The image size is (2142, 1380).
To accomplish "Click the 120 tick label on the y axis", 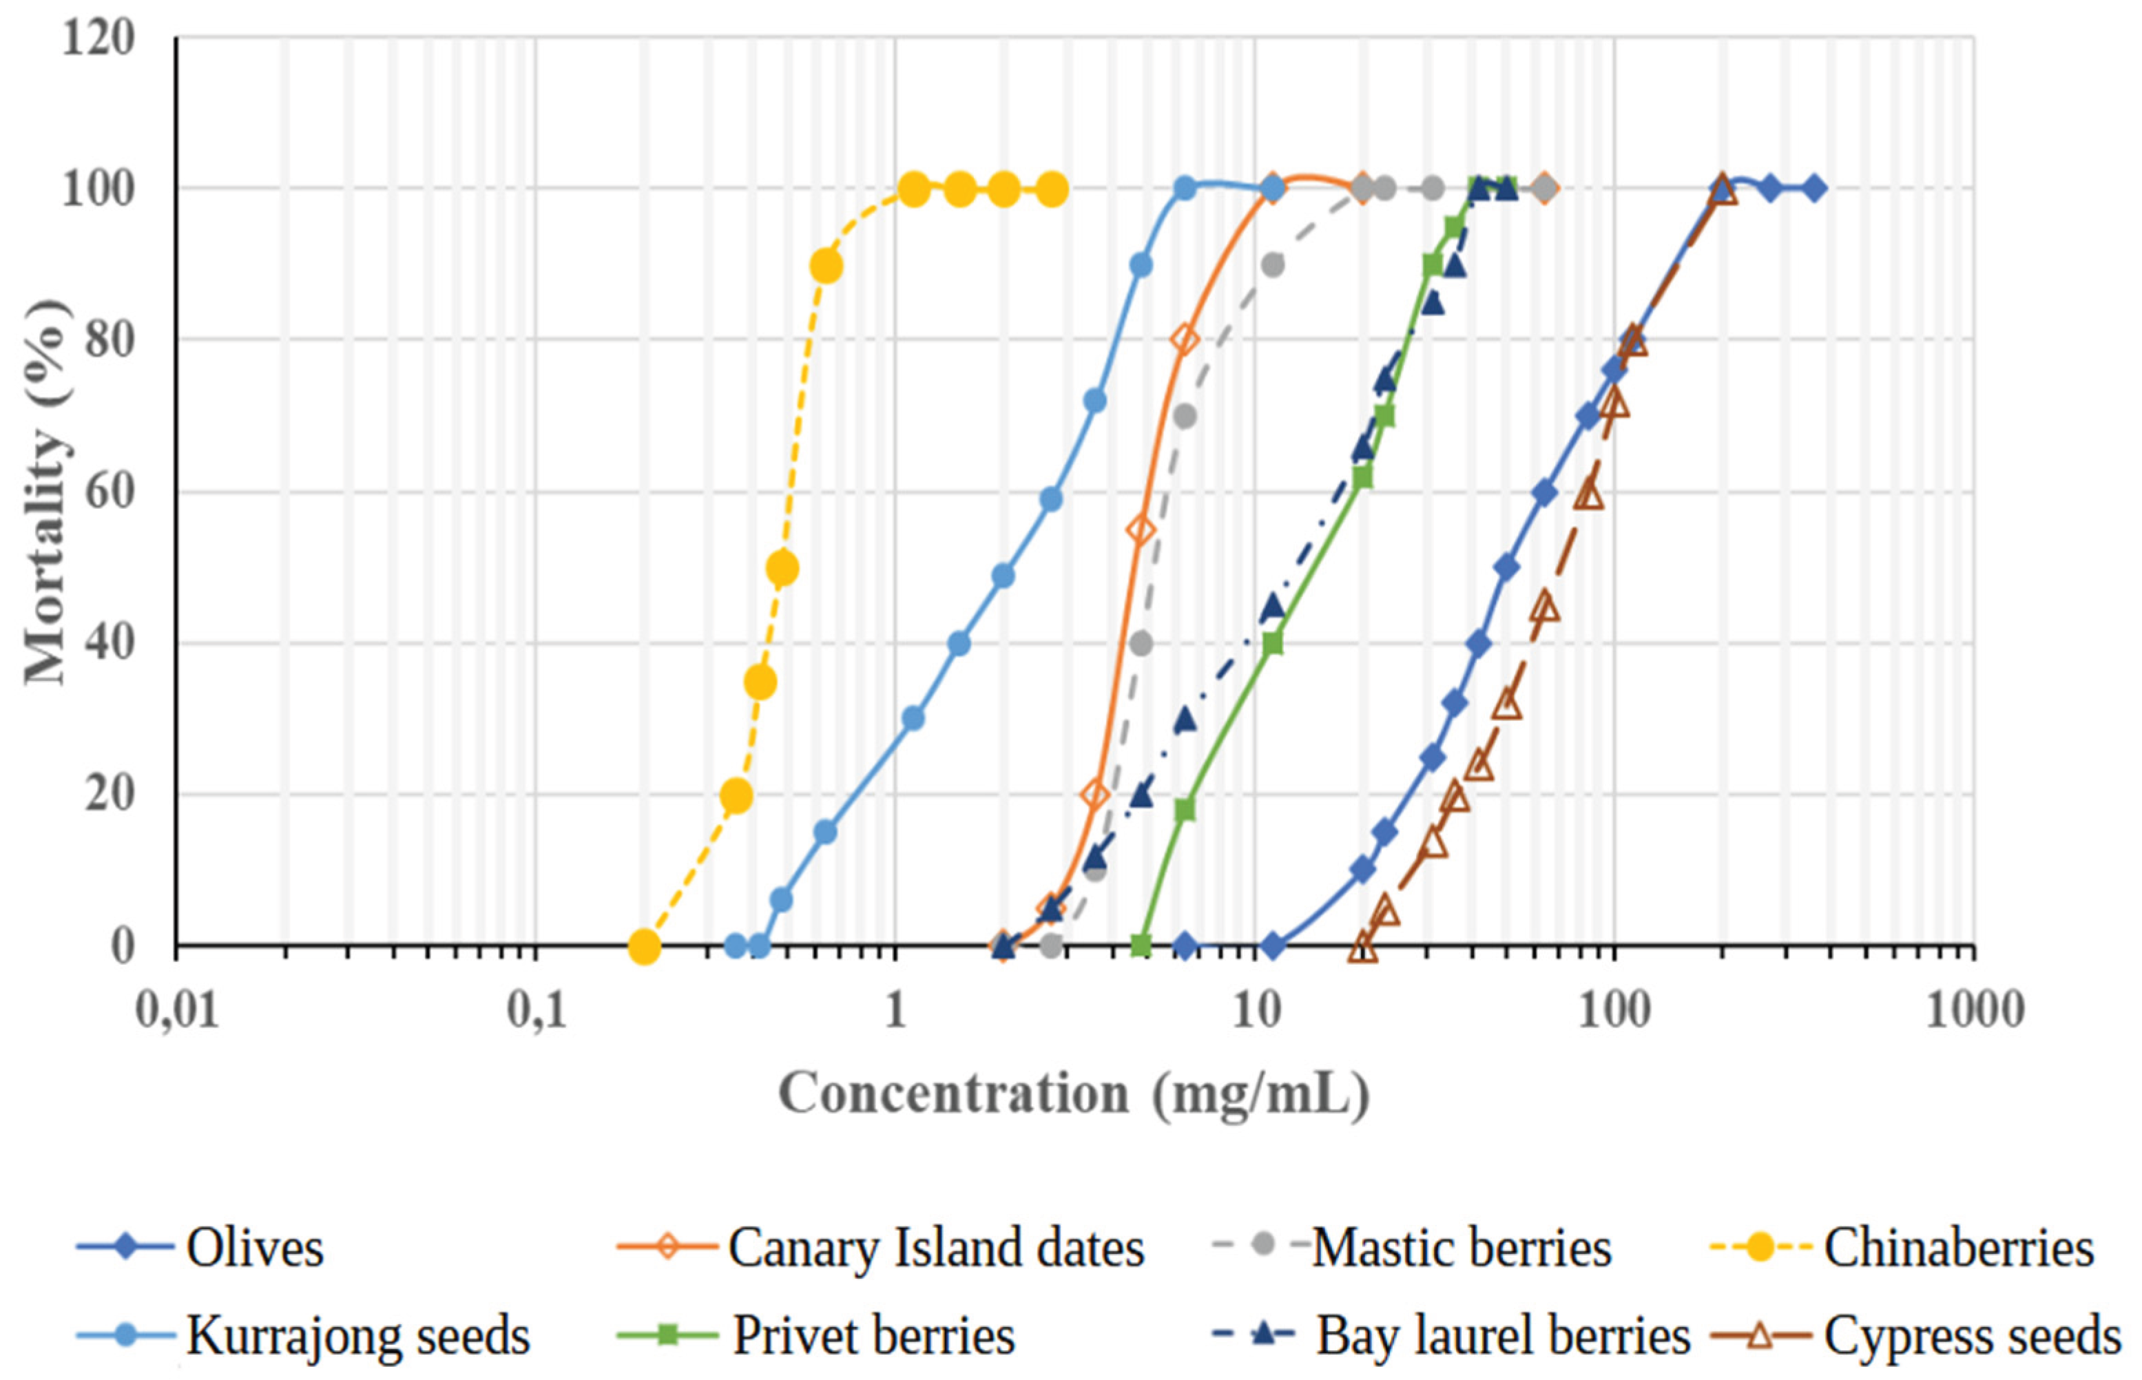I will pyautogui.click(x=98, y=39).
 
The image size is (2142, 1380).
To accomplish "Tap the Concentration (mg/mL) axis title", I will pyautogui.click(x=1074, y=1094).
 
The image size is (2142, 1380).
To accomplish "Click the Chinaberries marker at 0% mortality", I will pyautogui.click(x=643, y=946).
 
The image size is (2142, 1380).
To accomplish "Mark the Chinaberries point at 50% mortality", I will pyautogui.click(x=782, y=568).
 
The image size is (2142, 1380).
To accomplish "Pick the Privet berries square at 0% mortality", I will pyautogui.click(x=1140, y=945).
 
